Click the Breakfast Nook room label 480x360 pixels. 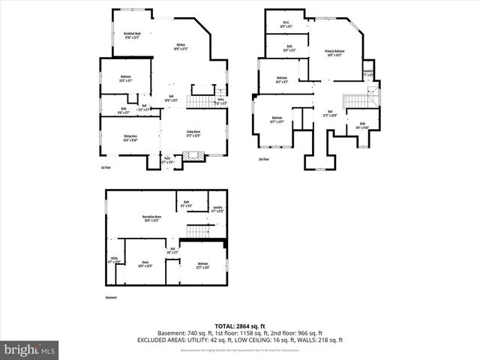133,34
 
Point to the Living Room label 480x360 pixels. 193,134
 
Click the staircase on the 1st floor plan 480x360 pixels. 200,100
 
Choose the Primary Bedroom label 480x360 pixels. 334,53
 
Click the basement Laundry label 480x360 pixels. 217,209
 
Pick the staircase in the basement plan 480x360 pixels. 196,232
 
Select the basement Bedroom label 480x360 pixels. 202,265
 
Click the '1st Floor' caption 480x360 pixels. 106,168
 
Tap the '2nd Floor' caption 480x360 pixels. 264,160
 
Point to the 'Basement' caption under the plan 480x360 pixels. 111,298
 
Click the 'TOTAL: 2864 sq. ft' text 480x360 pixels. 240,326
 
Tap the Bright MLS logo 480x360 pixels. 31,349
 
